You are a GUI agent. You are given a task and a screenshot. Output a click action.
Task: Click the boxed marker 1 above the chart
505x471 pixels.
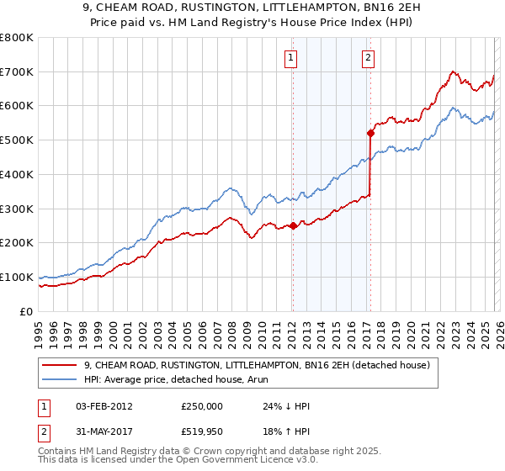point(290,58)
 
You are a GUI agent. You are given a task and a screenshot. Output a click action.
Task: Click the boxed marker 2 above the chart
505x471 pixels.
point(369,58)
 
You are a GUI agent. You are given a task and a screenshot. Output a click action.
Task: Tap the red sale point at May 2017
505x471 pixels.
point(370,132)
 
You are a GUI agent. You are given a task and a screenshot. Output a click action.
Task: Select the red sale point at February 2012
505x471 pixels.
point(292,225)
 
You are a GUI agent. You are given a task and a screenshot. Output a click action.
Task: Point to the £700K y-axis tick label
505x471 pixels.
point(17,71)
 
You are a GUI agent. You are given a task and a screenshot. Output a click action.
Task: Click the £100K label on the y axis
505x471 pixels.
point(17,277)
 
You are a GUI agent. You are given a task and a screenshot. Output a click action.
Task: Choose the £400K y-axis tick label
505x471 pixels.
point(17,174)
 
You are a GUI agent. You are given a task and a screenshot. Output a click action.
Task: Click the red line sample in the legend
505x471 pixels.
point(61,365)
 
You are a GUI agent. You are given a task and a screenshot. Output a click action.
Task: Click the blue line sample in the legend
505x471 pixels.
point(61,379)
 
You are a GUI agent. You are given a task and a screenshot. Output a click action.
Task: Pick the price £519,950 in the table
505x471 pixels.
point(201,434)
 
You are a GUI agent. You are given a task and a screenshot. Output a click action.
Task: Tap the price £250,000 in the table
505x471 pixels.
point(201,406)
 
